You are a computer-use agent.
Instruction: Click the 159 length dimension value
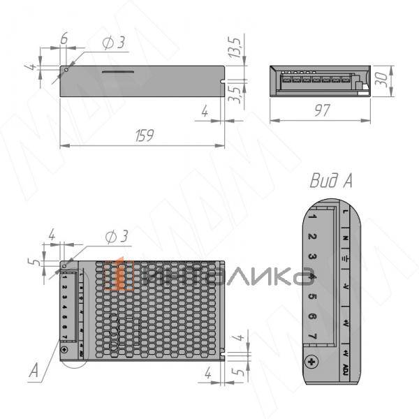pos(143,135)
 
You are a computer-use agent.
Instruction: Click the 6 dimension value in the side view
pos(64,40)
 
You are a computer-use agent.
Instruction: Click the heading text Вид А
pos(330,181)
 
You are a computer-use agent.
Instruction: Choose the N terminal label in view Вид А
pos(346,237)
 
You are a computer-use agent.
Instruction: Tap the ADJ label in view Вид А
pos(346,367)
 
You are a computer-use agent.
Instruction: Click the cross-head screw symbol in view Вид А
pos(313,362)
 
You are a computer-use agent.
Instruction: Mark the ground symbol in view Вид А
pos(346,256)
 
